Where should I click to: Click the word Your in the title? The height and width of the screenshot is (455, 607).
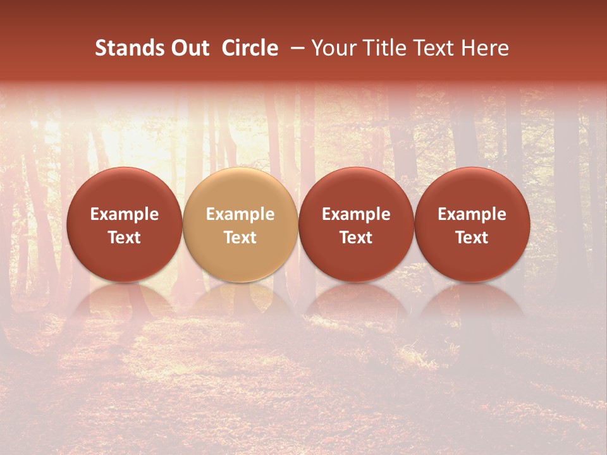point(333,48)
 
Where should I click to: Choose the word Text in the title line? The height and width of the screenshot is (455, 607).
point(432,48)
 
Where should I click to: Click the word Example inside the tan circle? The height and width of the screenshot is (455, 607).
point(240,214)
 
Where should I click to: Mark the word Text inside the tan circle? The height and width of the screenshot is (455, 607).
point(240,238)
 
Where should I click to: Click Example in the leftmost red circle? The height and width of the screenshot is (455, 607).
point(125,214)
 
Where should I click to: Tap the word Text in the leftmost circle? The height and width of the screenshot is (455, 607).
point(125,238)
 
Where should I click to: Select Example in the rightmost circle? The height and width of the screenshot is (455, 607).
point(472,214)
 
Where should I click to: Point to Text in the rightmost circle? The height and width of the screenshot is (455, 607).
point(472,238)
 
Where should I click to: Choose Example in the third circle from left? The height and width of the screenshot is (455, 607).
point(356,214)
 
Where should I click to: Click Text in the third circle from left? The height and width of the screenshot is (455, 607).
point(356,238)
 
